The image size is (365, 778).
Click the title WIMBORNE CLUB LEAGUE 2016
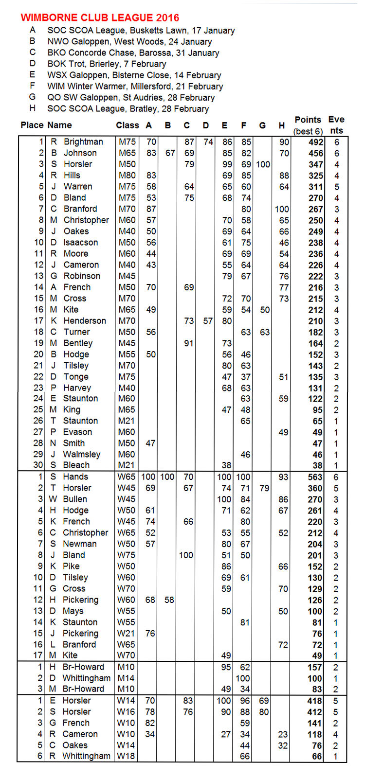click(x=100, y=18)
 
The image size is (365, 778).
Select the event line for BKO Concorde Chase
click(x=133, y=53)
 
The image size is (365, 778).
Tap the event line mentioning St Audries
click(x=131, y=97)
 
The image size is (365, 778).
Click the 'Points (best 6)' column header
click(x=308, y=125)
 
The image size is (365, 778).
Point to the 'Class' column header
click(x=128, y=125)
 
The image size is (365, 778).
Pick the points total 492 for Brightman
click(x=315, y=142)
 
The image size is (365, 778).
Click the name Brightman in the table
click(x=83, y=142)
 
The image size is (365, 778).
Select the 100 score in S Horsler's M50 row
click(x=263, y=164)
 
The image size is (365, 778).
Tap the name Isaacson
click(x=80, y=243)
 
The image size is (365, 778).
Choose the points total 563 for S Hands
click(x=315, y=477)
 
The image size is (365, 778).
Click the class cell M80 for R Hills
click(x=127, y=176)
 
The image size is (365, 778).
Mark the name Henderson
click(x=85, y=321)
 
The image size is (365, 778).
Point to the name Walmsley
click(x=82, y=455)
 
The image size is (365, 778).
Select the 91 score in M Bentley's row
click(x=188, y=343)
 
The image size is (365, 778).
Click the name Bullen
click(x=75, y=499)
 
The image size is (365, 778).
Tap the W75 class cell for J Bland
click(x=127, y=555)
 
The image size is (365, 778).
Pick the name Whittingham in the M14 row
click(x=87, y=678)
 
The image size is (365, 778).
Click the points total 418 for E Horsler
click(x=315, y=701)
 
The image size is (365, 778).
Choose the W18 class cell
click(x=127, y=756)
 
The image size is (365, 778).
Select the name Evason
click(x=77, y=432)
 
